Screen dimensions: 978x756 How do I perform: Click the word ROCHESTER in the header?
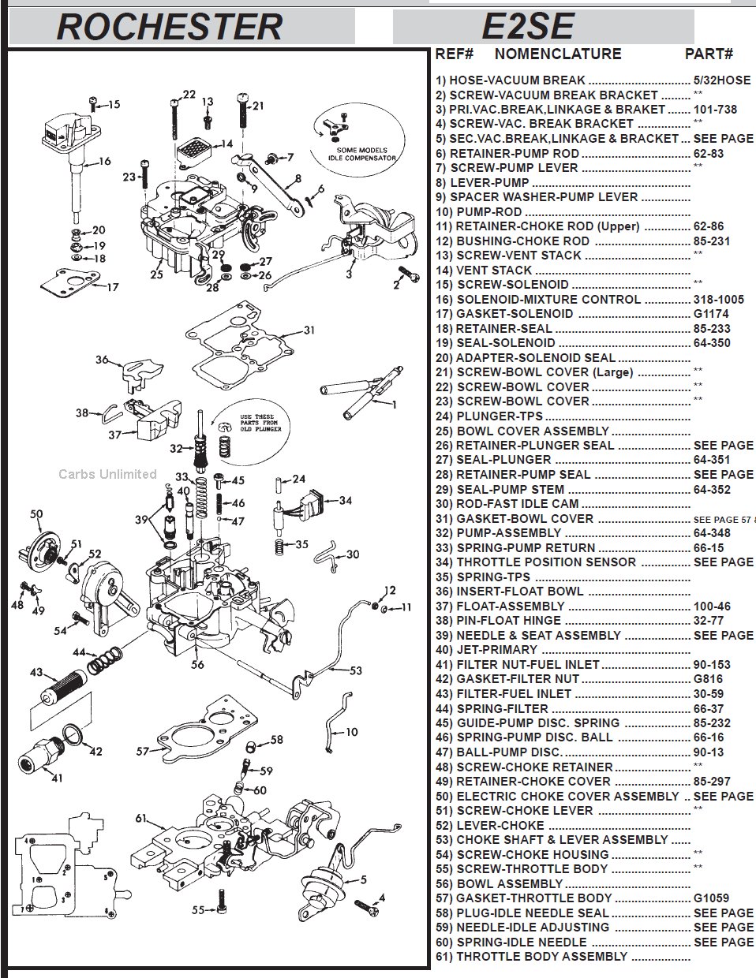(x=169, y=26)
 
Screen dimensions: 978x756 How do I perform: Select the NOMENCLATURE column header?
(x=557, y=54)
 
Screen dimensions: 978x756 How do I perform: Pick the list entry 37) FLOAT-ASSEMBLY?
(x=510, y=606)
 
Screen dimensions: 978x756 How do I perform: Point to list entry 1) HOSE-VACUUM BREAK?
(x=510, y=80)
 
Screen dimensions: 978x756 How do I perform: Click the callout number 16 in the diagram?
(x=104, y=162)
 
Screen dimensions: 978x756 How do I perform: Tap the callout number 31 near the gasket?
(x=309, y=330)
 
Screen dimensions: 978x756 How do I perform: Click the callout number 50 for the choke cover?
(x=36, y=514)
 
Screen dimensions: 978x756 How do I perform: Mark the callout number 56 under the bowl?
(x=197, y=664)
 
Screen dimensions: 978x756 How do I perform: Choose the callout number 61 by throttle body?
(x=140, y=818)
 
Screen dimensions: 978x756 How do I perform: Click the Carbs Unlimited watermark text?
(x=107, y=474)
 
